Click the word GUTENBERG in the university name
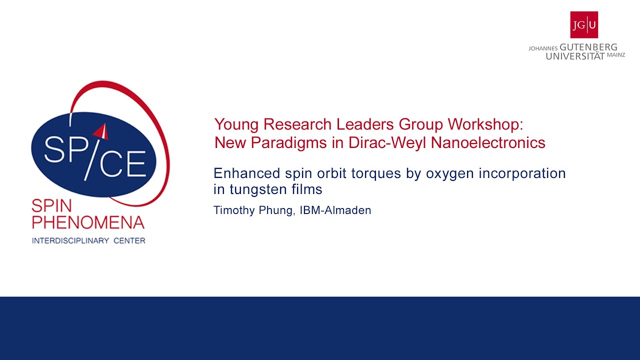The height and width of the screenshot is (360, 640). point(588,47)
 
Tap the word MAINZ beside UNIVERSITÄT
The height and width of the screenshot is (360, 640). point(615,55)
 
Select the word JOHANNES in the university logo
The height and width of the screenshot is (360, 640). point(543,48)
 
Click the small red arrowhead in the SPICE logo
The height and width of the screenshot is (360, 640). point(101,131)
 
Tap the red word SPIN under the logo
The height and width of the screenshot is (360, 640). point(51,205)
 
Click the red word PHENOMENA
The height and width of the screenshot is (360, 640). point(88,222)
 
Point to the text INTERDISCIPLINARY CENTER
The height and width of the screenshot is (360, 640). point(88,241)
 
